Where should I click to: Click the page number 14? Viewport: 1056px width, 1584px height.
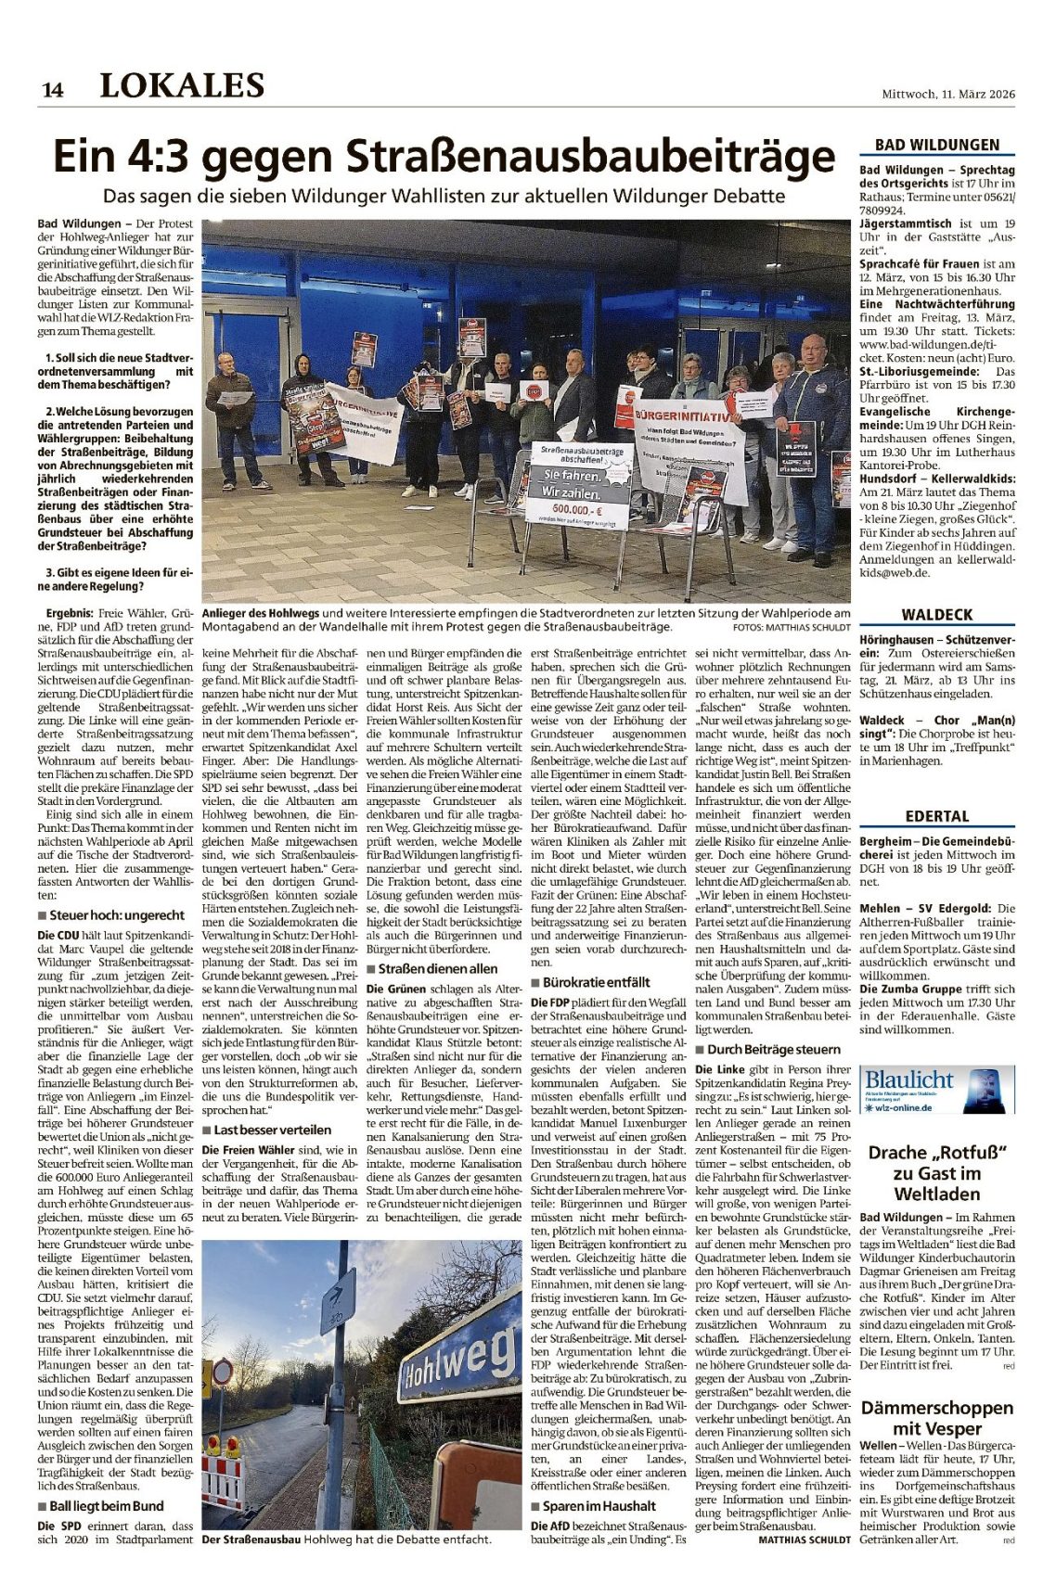point(52,89)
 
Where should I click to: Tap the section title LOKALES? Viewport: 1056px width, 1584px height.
point(182,85)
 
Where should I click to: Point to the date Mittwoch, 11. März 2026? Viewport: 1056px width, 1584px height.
point(948,94)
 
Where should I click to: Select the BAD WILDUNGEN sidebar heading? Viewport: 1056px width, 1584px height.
point(937,145)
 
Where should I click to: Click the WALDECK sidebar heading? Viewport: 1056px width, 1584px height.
point(937,615)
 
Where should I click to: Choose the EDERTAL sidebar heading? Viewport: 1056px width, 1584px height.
point(937,816)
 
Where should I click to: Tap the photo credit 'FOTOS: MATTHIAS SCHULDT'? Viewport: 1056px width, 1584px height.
point(791,627)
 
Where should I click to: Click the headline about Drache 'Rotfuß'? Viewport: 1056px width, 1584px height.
point(936,1173)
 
